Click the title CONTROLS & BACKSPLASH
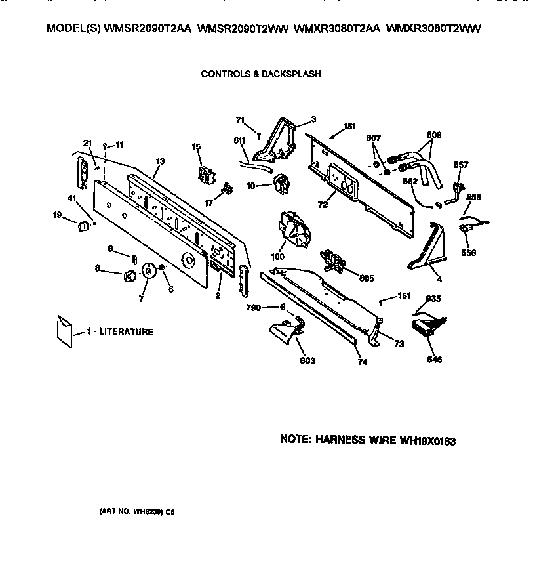[x=260, y=74]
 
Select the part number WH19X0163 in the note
[x=427, y=442]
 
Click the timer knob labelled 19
[x=83, y=226]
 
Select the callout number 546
[x=434, y=360]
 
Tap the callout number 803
[x=307, y=360]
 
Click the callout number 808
[x=433, y=135]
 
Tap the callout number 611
[x=239, y=140]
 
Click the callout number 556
[x=468, y=252]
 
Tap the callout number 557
[x=462, y=165]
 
